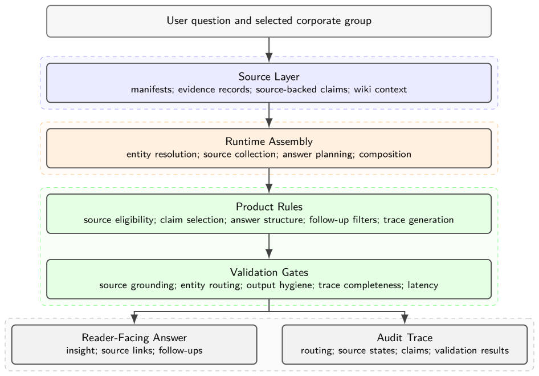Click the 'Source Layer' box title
click(x=269, y=76)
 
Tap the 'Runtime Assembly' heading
click(x=269, y=141)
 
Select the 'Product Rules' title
click(x=269, y=207)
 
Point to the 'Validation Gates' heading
click(x=269, y=272)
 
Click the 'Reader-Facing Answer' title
click(x=134, y=337)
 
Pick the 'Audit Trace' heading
click(x=405, y=337)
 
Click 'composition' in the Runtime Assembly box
click(x=385, y=154)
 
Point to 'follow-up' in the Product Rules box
click(x=329, y=220)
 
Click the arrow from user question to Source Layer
click(x=269, y=50)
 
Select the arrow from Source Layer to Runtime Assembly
click(x=269, y=115)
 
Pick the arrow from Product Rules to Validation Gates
click(x=269, y=246)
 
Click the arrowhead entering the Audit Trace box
click(x=405, y=320)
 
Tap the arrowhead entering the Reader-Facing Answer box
click(x=134, y=320)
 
